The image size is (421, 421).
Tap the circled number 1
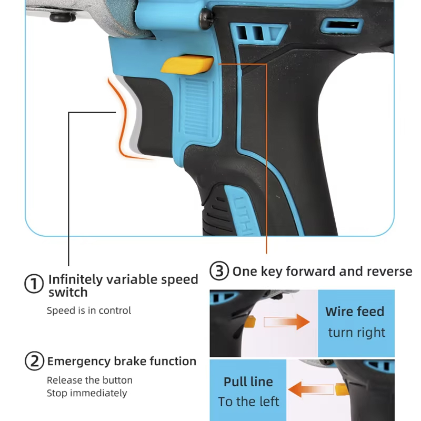click(x=34, y=284)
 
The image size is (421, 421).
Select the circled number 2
click(x=34, y=361)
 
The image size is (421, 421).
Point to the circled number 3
click(x=219, y=270)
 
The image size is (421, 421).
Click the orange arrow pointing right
click(x=287, y=322)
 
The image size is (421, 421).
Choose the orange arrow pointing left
click(x=311, y=389)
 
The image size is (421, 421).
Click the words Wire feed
click(x=355, y=312)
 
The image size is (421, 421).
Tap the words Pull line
click(x=248, y=382)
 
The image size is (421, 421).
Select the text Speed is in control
click(x=89, y=310)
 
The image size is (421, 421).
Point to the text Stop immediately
click(x=87, y=393)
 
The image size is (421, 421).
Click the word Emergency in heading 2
click(x=78, y=362)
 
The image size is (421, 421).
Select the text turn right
click(x=357, y=333)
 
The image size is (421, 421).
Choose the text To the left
click(x=248, y=402)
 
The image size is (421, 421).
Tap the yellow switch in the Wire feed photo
click(x=249, y=322)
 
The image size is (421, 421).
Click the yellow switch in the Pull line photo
click(x=342, y=389)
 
